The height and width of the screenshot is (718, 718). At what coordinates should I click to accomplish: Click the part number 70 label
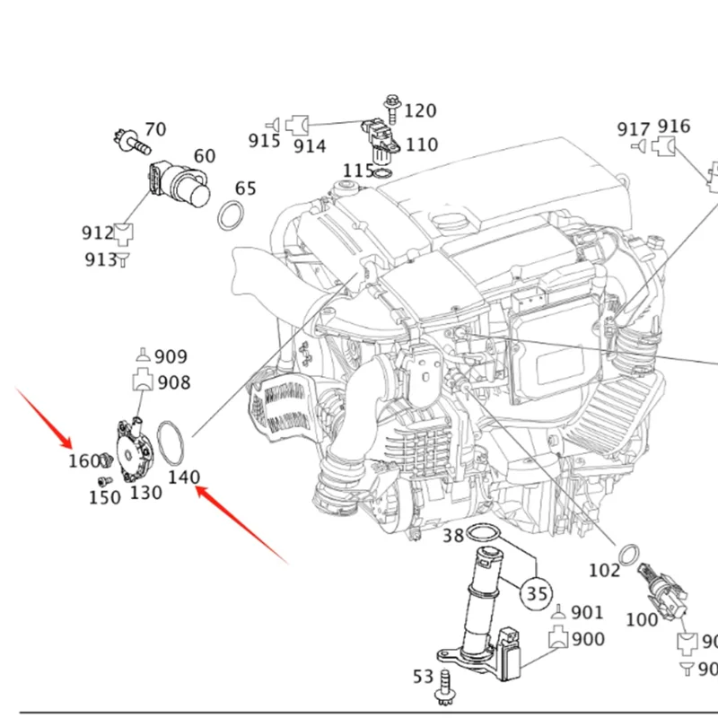point(155,129)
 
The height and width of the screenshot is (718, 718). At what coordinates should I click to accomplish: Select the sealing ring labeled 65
point(232,215)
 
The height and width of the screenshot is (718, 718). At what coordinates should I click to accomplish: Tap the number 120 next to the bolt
point(419,110)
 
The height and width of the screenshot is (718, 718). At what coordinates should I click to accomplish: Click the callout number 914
point(311,145)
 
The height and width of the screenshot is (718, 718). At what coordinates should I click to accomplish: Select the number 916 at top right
point(674,126)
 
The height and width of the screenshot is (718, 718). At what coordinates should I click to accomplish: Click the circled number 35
point(537,593)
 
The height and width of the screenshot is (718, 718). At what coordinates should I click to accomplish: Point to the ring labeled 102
point(630,549)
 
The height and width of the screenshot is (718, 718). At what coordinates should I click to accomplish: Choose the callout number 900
point(588,639)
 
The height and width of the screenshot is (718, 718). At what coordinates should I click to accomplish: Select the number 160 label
point(84,461)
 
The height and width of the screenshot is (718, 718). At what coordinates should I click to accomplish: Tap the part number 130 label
point(145,492)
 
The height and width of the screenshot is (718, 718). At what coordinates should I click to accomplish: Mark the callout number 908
point(173,382)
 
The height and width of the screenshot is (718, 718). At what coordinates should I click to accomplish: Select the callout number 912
point(98,233)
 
